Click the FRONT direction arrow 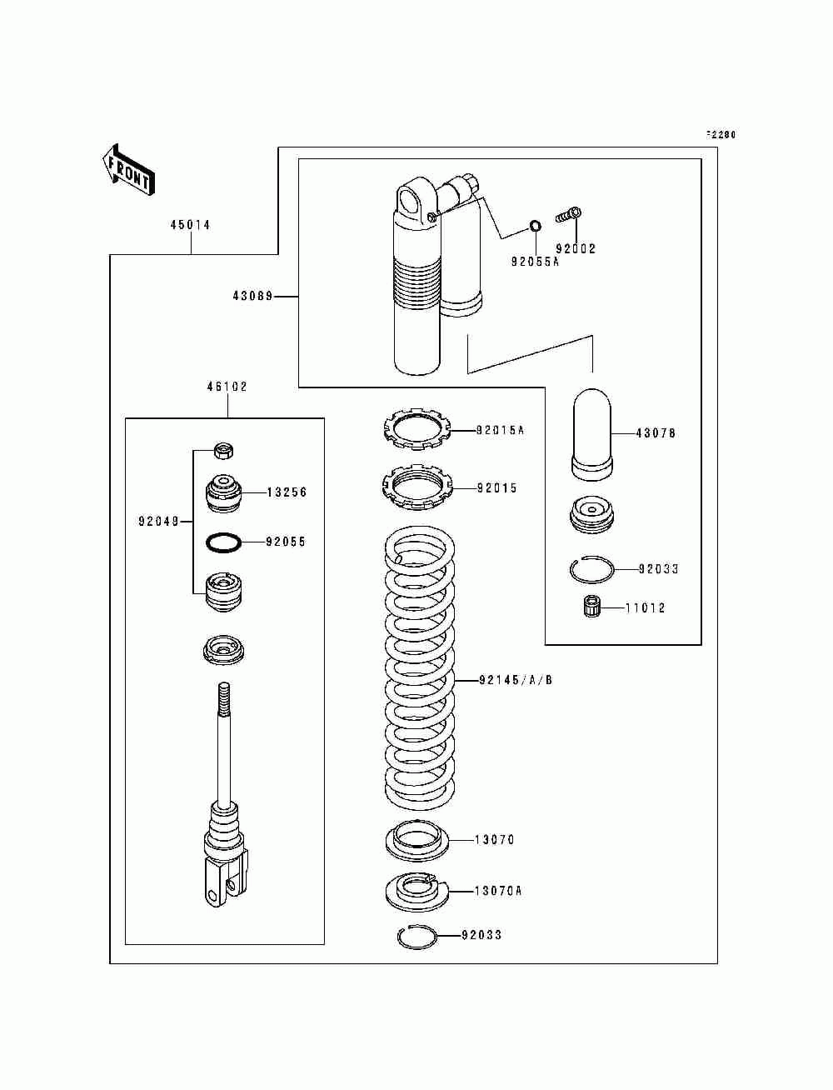[x=128, y=170]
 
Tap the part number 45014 [x=190, y=225]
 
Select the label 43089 [x=252, y=297]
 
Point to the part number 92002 [x=576, y=249]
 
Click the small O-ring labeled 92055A [x=536, y=226]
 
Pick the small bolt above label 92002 [x=569, y=215]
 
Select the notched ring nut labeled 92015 [x=417, y=487]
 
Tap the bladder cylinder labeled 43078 [x=591, y=433]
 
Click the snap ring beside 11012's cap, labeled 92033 [x=591, y=569]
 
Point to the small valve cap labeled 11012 [x=591, y=607]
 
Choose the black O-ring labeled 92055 [x=224, y=542]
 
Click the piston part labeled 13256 [x=223, y=493]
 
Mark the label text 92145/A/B [x=516, y=680]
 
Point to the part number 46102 [x=227, y=387]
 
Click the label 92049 [x=158, y=522]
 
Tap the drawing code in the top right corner [x=721, y=134]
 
